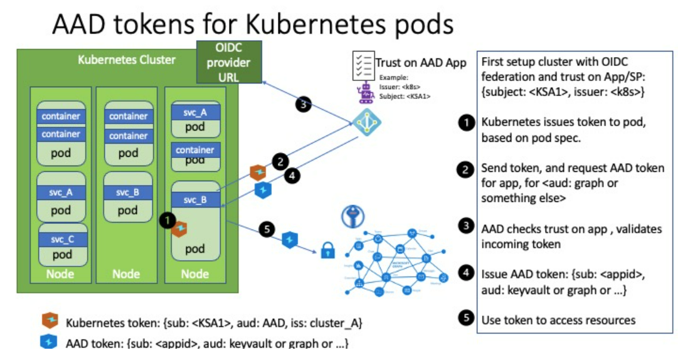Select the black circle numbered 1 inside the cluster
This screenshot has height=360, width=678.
click(167, 220)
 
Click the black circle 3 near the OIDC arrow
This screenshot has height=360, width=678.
click(304, 105)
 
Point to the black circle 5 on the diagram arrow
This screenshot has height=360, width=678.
click(267, 230)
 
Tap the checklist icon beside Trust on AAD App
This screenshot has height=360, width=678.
click(363, 65)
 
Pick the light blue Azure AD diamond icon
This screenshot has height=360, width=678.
click(364, 122)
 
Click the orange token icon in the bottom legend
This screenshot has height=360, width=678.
click(49, 322)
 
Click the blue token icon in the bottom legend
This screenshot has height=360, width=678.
click(49, 342)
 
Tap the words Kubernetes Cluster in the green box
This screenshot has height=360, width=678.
click(127, 60)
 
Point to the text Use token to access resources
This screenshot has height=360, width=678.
click(558, 320)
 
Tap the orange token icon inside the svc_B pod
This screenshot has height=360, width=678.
click(181, 228)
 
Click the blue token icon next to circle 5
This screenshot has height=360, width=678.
click(290, 238)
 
